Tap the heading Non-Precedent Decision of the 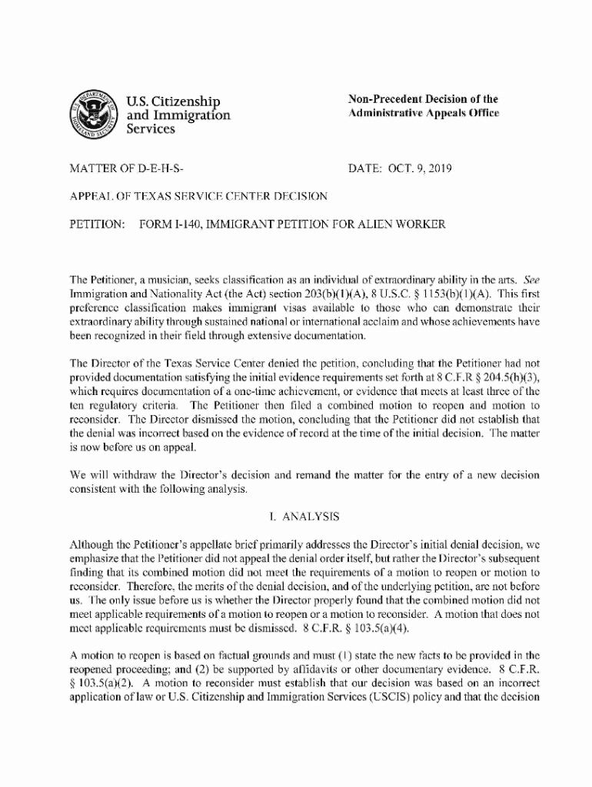point(423,99)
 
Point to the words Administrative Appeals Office point(424,113)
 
